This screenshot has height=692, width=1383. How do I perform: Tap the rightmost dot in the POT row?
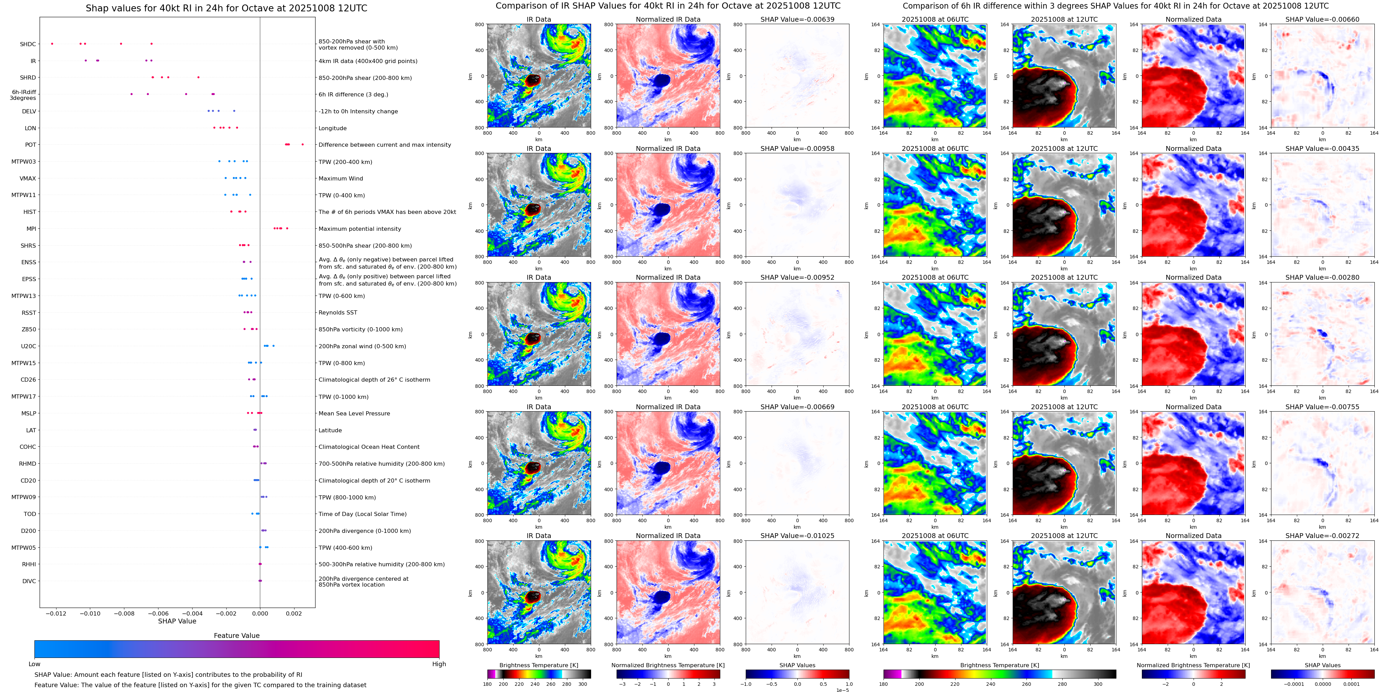click(303, 144)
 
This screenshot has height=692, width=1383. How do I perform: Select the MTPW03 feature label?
click(24, 162)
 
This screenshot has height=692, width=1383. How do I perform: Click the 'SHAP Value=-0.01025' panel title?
click(797, 536)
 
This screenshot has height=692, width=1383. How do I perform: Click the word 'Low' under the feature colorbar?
click(34, 664)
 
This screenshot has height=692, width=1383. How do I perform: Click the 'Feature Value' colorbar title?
click(236, 636)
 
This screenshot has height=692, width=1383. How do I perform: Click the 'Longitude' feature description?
click(332, 128)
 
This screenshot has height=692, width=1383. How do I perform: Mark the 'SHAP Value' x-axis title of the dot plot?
click(177, 621)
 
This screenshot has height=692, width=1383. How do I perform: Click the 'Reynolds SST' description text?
click(338, 312)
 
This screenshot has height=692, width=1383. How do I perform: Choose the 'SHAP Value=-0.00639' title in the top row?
click(797, 19)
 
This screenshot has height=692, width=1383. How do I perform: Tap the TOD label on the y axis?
click(30, 514)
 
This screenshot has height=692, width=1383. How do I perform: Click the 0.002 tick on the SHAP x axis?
click(294, 613)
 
